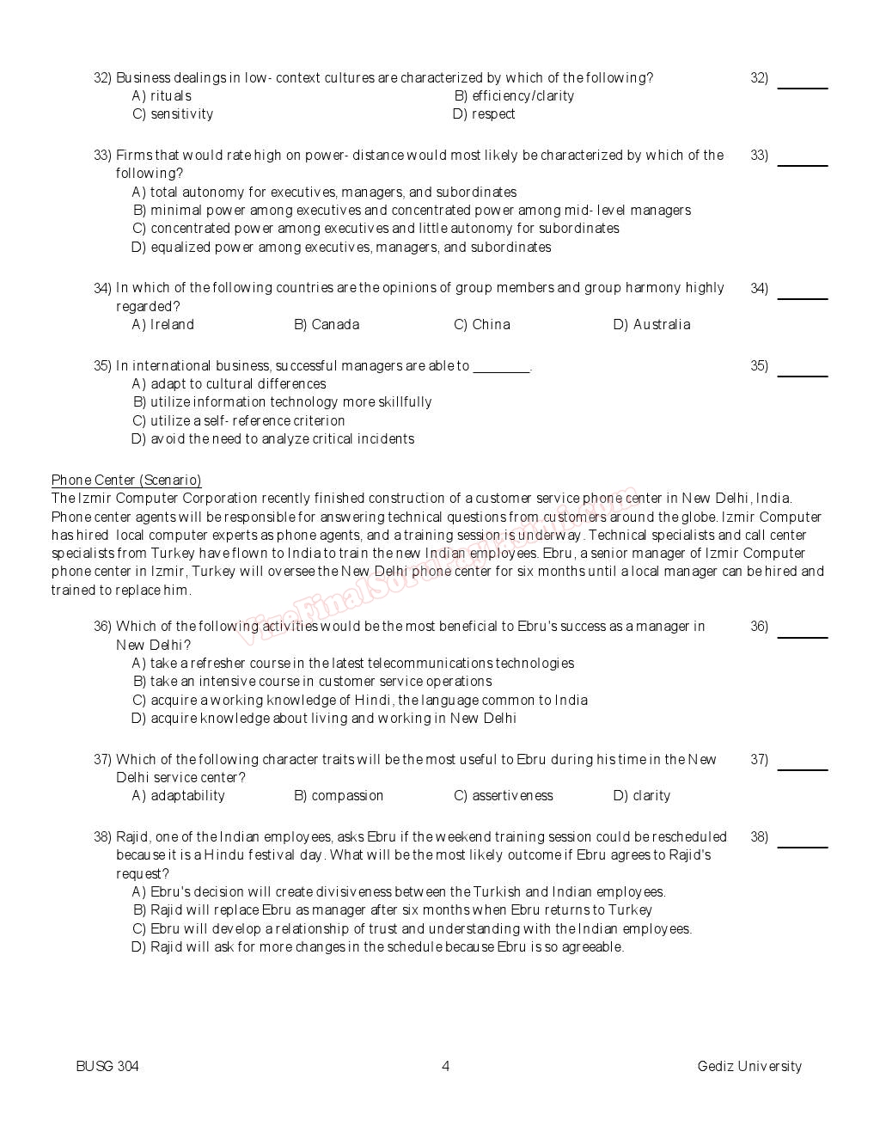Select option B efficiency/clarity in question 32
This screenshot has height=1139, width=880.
(x=514, y=95)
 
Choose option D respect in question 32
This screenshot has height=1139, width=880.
(x=484, y=114)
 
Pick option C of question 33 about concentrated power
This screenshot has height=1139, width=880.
(x=376, y=229)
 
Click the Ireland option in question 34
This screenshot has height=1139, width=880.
(x=163, y=325)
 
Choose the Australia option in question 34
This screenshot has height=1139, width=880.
(x=651, y=325)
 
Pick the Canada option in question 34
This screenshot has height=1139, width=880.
(x=327, y=325)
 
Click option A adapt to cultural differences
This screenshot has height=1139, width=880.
(x=229, y=384)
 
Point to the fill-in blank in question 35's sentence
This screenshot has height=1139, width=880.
(x=501, y=368)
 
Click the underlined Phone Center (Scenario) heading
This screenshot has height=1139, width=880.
(x=126, y=481)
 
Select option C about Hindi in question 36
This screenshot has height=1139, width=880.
(x=360, y=701)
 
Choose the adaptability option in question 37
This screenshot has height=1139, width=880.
(x=179, y=796)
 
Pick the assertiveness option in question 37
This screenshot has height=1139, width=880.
(x=504, y=796)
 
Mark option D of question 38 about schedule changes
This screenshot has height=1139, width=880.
(x=377, y=947)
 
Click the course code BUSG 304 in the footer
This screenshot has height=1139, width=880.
(x=107, y=1067)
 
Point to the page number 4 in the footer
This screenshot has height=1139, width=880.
(x=445, y=1067)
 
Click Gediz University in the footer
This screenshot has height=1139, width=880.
(x=749, y=1067)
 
